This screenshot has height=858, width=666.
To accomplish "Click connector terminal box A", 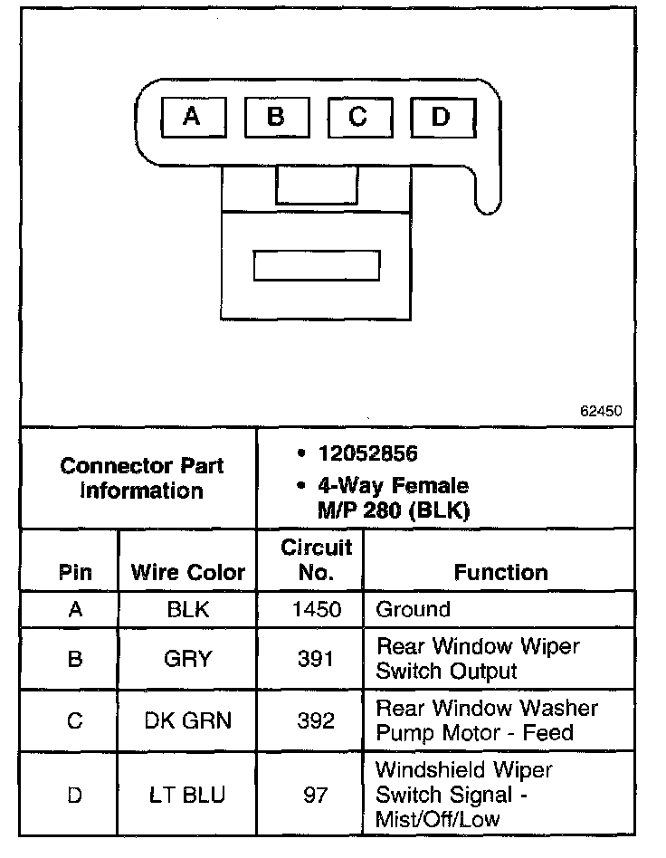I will (x=191, y=118).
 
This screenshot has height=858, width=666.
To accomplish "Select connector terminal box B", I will (x=275, y=118).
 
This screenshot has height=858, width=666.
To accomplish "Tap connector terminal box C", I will (x=358, y=118).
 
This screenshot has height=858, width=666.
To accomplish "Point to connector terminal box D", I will (x=441, y=118).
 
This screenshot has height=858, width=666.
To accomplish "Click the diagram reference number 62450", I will (x=601, y=410).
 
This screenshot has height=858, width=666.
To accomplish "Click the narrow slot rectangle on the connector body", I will (x=317, y=266).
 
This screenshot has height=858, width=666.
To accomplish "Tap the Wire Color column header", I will (x=188, y=572).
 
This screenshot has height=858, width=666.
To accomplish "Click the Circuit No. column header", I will (x=316, y=559).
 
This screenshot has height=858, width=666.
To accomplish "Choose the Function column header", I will (x=500, y=572).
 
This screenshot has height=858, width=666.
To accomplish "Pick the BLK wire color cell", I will (x=188, y=609).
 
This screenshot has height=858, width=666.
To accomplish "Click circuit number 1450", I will (x=317, y=609).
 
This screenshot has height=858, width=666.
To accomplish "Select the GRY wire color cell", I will (x=188, y=659).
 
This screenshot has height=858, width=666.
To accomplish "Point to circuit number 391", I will (x=317, y=659).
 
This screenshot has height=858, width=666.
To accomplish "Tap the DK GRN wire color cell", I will (x=188, y=720).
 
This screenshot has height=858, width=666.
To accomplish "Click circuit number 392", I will (x=317, y=720).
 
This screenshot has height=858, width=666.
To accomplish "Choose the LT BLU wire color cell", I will (x=188, y=796).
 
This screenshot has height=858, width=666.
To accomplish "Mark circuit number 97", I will (x=317, y=796).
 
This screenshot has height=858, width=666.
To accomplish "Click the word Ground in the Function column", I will (x=413, y=609).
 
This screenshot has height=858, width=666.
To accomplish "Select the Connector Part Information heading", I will (x=141, y=479).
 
